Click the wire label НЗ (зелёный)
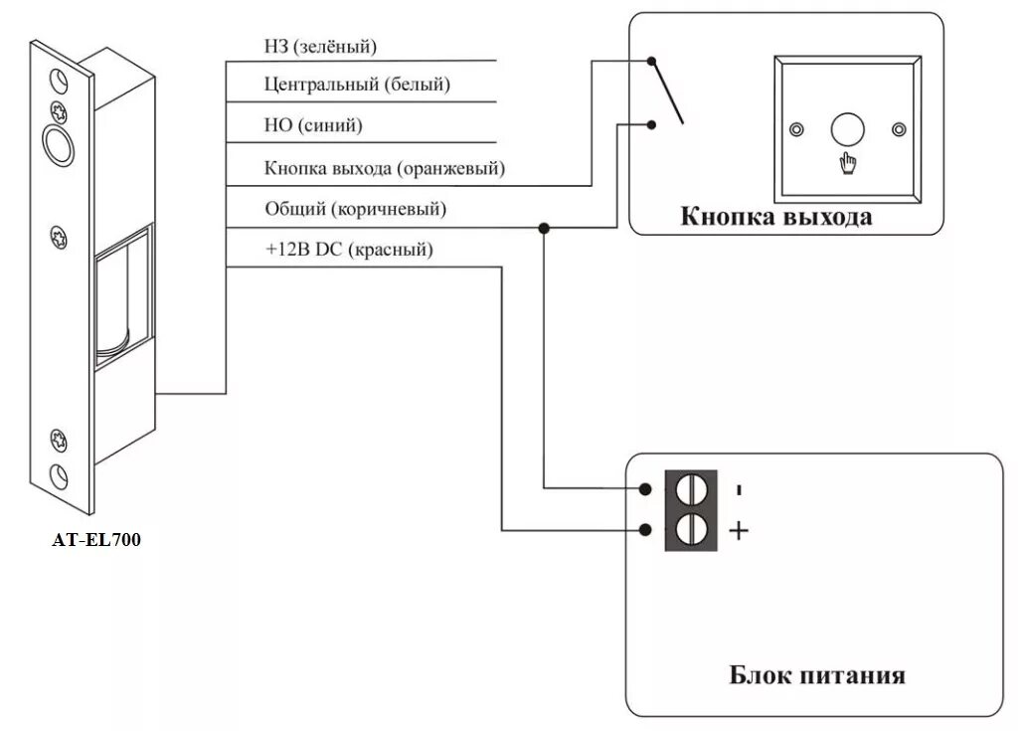[x=321, y=46]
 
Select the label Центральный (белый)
[x=357, y=86]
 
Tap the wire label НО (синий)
[x=313, y=126]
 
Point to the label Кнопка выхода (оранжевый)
[x=385, y=168]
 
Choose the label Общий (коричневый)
[x=355, y=209]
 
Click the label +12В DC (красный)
[x=349, y=251]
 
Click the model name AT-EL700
[x=96, y=541]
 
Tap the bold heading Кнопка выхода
[x=775, y=217]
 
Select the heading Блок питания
[x=817, y=675]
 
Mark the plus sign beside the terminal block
[x=739, y=531]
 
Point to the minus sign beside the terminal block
[x=738, y=490]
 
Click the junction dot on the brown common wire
[x=544, y=228]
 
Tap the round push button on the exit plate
[x=847, y=129]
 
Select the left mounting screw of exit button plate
[x=795, y=130]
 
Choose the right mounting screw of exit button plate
[x=899, y=130]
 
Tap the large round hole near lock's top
[x=58, y=145]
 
